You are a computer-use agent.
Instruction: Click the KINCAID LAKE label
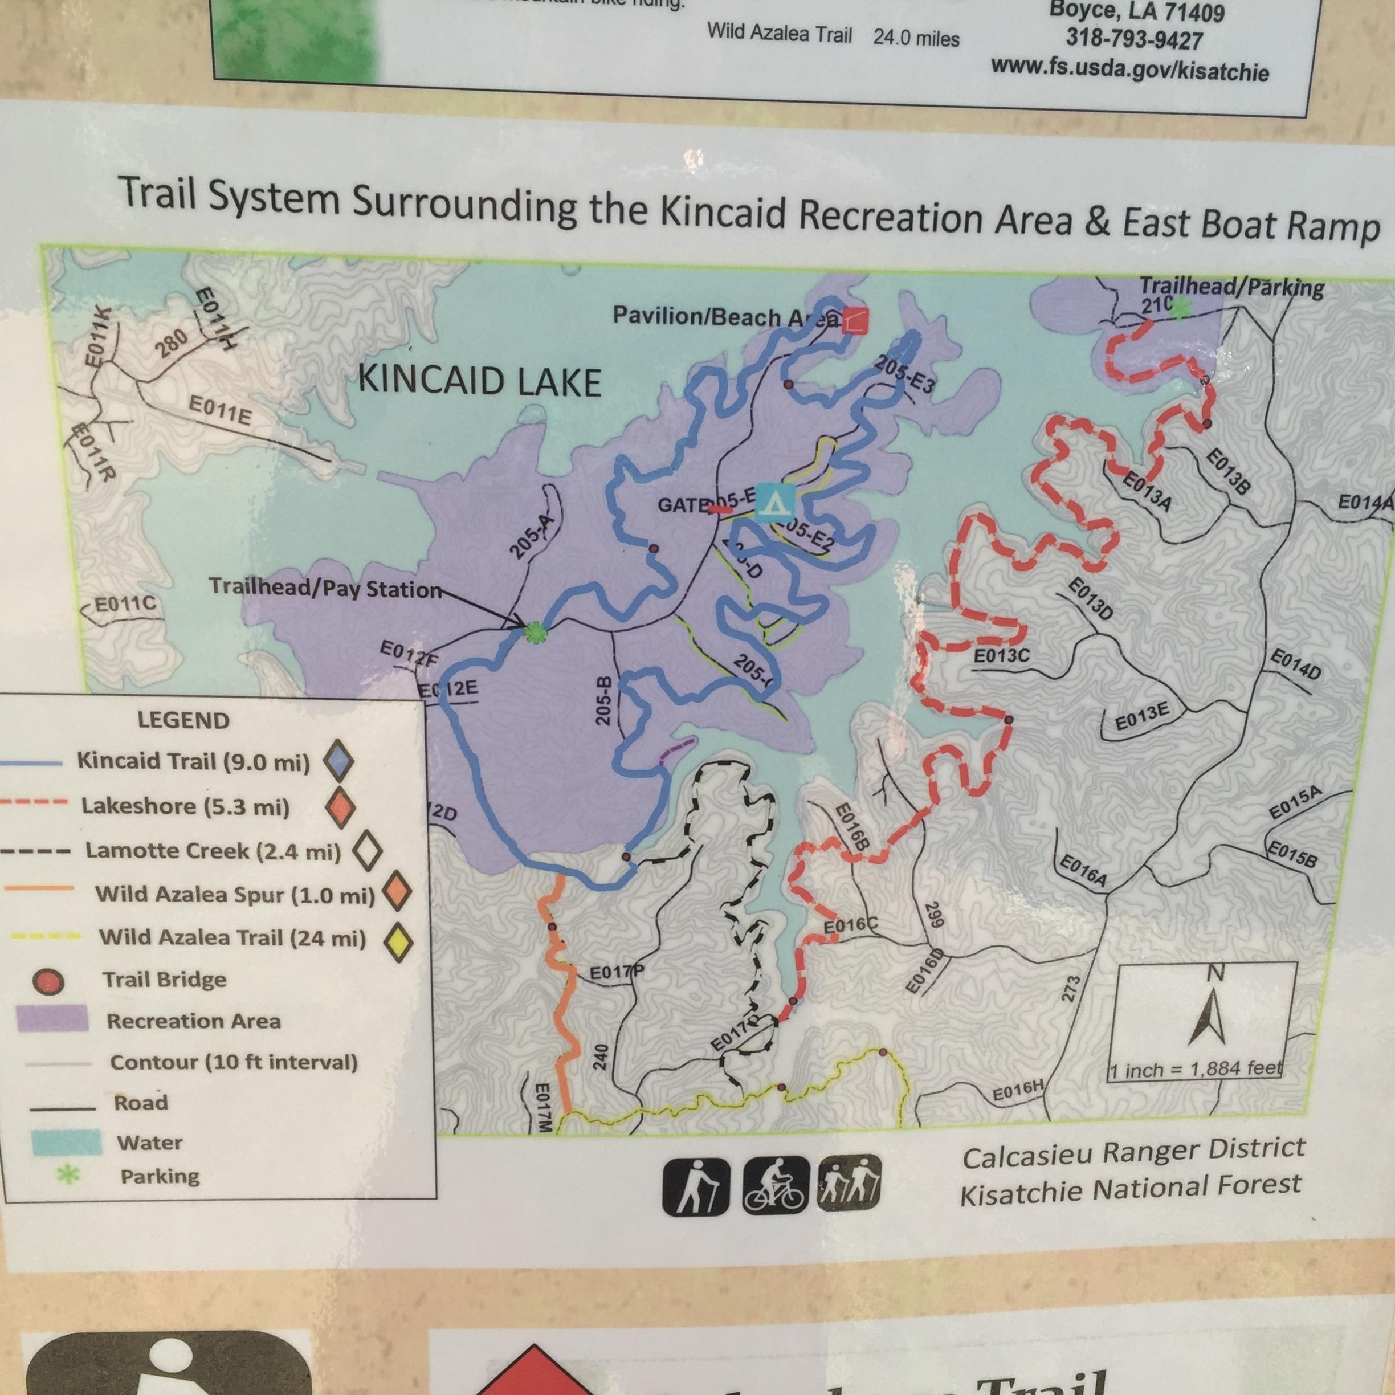[479, 381]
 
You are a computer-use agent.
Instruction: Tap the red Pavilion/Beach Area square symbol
[855, 319]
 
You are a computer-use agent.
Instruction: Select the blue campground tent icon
[775, 502]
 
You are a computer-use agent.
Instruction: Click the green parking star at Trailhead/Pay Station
[535, 633]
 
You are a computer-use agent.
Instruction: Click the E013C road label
[1001, 656]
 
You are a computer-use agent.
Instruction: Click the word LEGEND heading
[183, 720]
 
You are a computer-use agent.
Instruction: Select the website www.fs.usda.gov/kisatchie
[1129, 70]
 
